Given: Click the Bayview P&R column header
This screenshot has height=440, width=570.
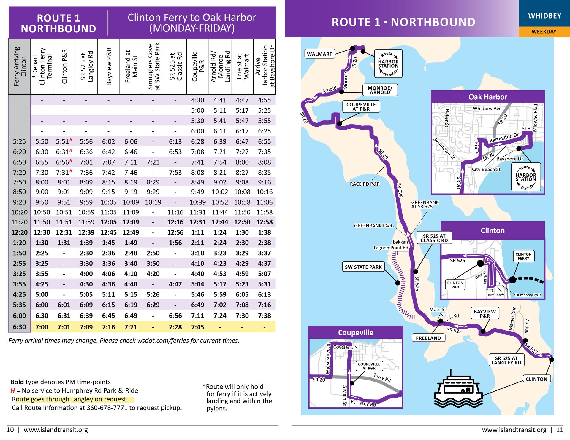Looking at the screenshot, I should coord(109,67).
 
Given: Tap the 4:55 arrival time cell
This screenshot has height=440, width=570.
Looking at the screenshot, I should coord(264,100).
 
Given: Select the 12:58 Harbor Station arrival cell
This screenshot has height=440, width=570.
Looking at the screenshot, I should coord(264,222).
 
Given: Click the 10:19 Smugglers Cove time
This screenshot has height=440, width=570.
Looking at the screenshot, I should coord(153,202).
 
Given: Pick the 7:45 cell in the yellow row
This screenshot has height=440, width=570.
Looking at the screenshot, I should coord(197,327).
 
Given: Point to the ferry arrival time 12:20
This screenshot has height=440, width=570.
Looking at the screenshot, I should coord(19,232).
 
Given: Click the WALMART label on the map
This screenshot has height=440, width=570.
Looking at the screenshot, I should coord(319,54).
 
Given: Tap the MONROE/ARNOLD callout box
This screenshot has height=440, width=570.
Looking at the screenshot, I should coord(380,90).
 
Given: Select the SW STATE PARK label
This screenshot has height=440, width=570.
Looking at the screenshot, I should coord(363,267).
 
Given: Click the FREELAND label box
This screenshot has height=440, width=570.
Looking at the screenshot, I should coord(428,338).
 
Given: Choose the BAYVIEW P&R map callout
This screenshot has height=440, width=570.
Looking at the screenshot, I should coord(484,313).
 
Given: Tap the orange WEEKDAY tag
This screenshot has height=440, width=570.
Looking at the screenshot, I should coord(544,32).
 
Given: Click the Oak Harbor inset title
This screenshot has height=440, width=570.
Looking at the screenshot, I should coord(488,97).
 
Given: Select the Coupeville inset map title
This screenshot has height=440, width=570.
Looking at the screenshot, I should coord(356,333).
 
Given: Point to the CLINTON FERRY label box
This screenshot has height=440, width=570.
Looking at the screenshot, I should coord(523,256).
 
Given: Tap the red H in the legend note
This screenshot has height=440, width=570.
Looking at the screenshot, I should coord(12,391).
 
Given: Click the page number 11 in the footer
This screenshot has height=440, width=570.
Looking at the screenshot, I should coord(560,430).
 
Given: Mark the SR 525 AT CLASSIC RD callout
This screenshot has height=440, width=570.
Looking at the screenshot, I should coord(434,238).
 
